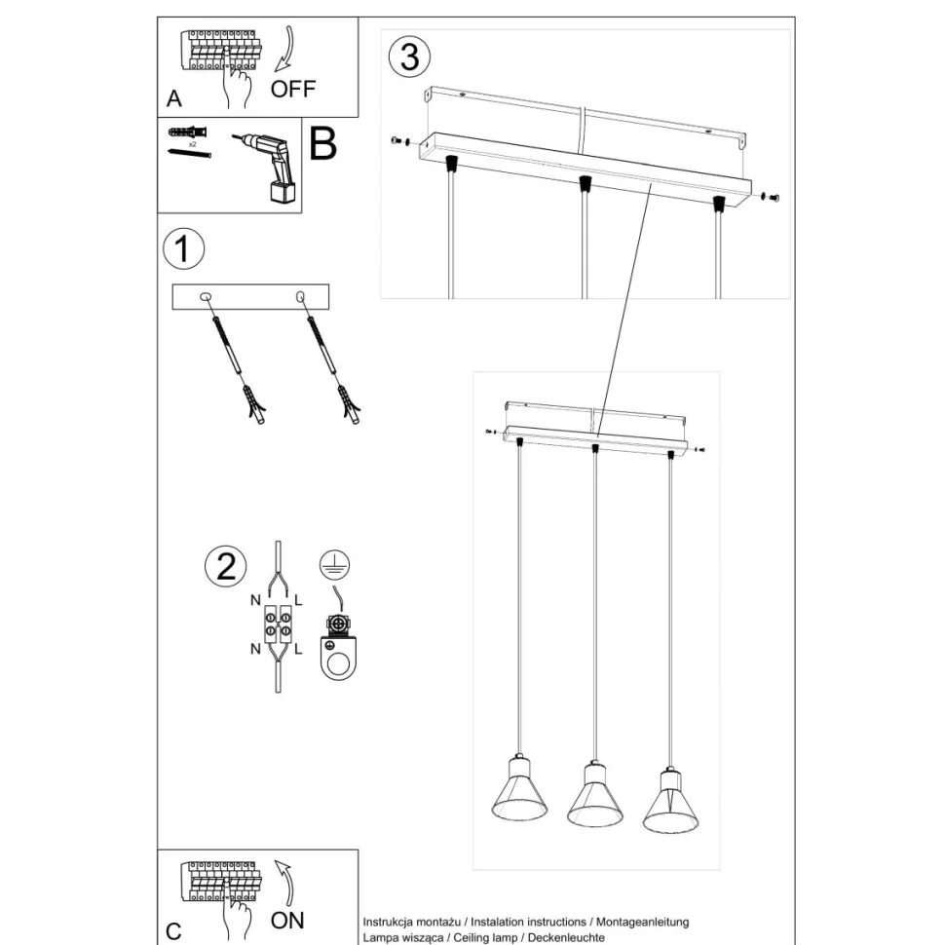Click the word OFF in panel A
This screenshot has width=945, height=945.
[292, 89]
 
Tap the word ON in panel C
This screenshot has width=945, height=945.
[287, 919]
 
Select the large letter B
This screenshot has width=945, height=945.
[321, 143]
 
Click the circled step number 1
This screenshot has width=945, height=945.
[182, 248]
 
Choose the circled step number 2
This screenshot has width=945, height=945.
[226, 566]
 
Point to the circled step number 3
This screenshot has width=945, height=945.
[409, 57]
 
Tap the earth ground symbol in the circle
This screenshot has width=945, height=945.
[334, 566]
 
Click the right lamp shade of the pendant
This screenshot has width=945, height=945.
[670, 801]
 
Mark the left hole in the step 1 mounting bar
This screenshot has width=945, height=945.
[207, 296]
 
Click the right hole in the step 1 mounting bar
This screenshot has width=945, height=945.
[300, 295]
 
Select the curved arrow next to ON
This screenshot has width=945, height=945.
[284, 881]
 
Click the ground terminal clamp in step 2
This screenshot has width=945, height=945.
[338, 648]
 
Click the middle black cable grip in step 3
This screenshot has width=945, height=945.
[584, 184]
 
